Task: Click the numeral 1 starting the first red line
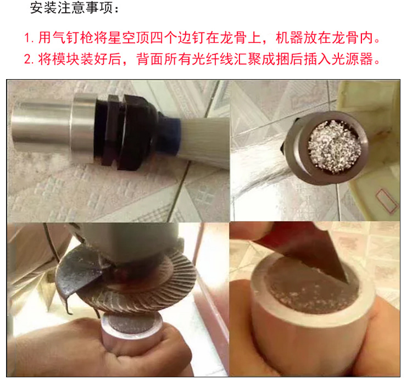[27, 38]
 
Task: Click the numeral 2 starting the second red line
[27, 59]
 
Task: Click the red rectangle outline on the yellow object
[387, 201]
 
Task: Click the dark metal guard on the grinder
[79, 273]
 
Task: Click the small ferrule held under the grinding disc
[131, 330]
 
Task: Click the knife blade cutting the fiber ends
[310, 252]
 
